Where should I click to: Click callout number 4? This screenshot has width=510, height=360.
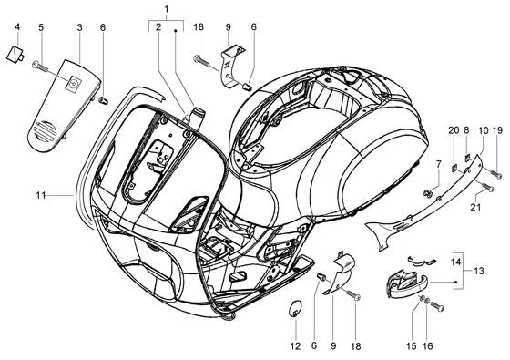click(17, 26)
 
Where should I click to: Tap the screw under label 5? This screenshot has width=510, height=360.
click(40, 67)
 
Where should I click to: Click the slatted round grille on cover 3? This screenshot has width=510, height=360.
click(45, 131)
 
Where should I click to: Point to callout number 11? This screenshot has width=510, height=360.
click(41, 195)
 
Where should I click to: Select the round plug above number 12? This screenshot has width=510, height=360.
click(295, 308)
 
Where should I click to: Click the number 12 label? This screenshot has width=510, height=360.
click(296, 346)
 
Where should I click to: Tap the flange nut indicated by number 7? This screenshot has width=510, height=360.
click(428, 193)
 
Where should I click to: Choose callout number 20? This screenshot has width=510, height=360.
click(454, 130)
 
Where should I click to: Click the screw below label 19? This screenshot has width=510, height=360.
click(496, 173)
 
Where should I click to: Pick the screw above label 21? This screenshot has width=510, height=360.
click(487, 187)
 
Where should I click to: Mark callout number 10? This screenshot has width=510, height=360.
click(484, 130)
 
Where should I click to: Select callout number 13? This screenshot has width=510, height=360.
click(479, 271)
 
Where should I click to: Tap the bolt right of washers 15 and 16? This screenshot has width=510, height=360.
click(437, 306)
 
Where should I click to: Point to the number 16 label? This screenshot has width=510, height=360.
click(428, 346)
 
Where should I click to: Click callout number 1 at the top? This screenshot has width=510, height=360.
click(167, 10)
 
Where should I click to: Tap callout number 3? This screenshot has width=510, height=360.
click(80, 27)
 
